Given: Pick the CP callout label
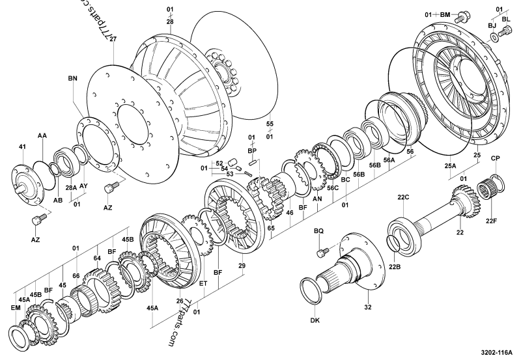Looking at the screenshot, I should (x=495, y=158).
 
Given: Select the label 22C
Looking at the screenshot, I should (x=403, y=197).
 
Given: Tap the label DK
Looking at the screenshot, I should (x=316, y=320).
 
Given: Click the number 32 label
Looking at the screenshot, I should (x=367, y=307).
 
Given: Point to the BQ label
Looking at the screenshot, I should (x=318, y=231).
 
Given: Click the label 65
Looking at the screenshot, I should (x=270, y=228).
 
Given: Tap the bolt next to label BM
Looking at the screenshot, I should (x=463, y=14).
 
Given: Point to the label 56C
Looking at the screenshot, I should (x=333, y=187).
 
